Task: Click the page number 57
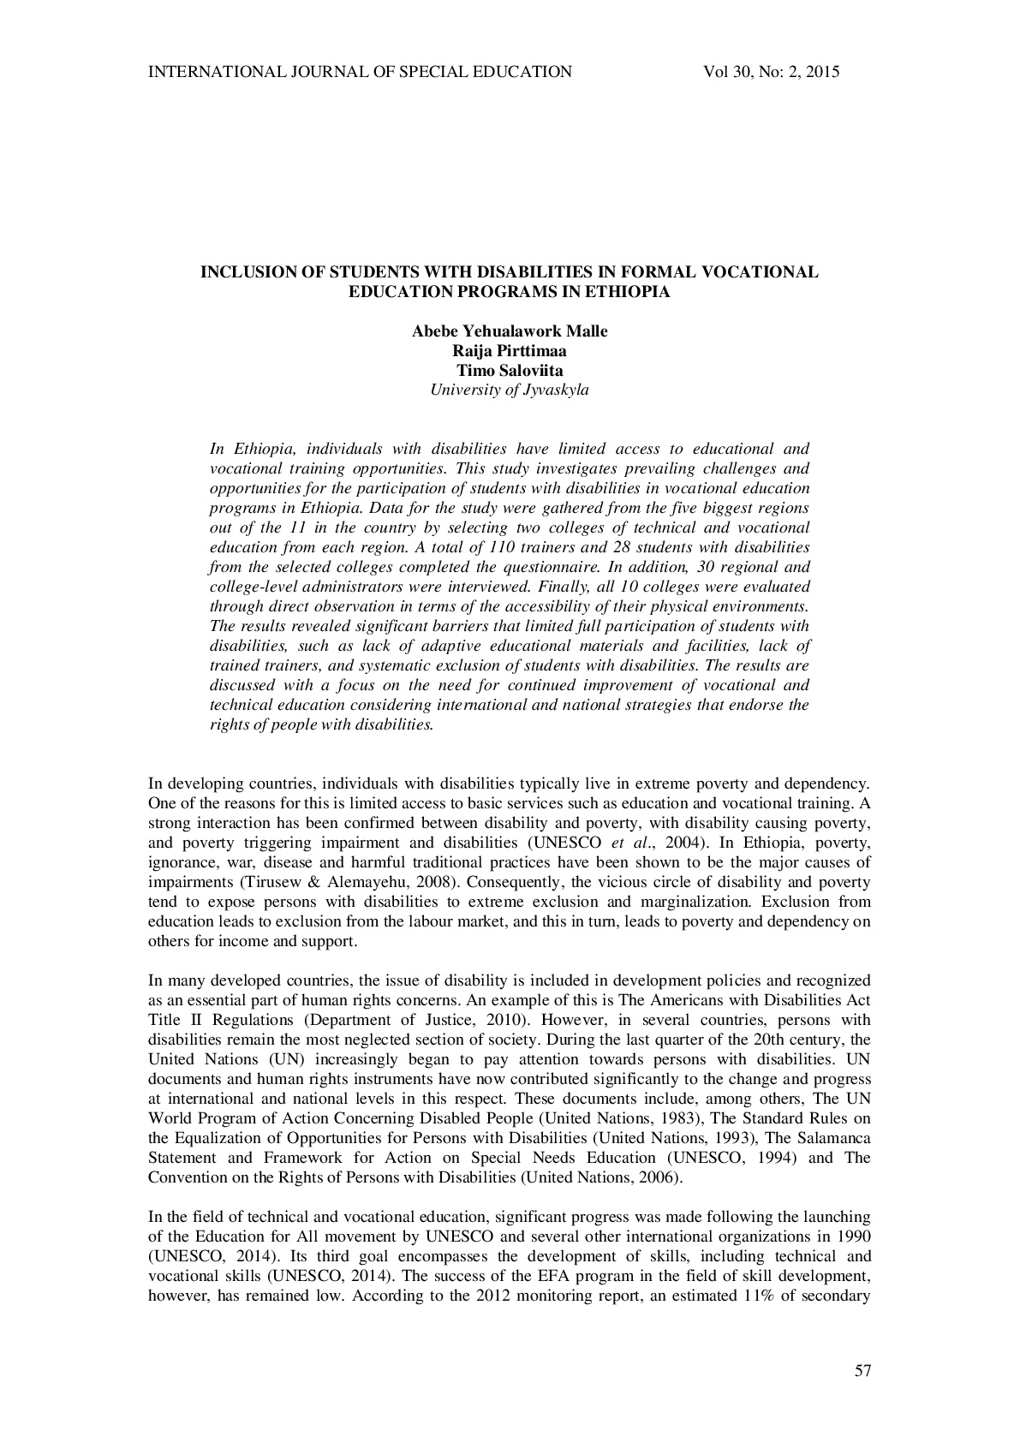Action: [862, 1371]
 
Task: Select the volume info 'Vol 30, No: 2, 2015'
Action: [771, 72]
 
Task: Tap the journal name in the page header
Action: [360, 72]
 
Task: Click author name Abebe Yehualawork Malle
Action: [510, 331]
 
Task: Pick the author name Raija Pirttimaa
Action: [510, 351]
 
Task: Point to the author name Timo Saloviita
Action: [510, 371]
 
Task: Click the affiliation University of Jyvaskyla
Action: [510, 390]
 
